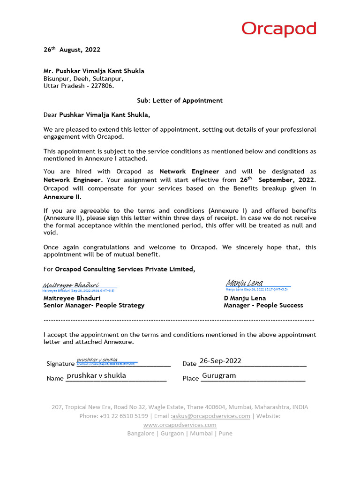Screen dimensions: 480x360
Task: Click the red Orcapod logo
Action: [x=279, y=30]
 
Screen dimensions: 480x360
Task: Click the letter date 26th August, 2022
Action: [x=72, y=50]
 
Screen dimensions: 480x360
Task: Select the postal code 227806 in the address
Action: [x=103, y=86]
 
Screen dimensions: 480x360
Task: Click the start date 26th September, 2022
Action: [x=277, y=180]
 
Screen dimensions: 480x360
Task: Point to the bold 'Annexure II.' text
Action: [x=59, y=197]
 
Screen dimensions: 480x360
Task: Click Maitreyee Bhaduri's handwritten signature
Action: [x=71, y=285]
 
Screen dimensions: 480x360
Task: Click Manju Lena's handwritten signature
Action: [x=244, y=283]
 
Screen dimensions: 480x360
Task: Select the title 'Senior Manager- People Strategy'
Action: [x=94, y=305]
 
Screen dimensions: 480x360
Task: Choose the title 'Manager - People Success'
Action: [x=263, y=305]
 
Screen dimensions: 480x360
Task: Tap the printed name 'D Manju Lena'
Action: [x=245, y=298]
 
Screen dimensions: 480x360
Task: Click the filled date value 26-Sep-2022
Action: [x=220, y=360]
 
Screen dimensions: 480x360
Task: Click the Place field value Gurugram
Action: [x=219, y=376]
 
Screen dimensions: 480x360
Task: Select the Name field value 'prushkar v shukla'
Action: [x=97, y=375]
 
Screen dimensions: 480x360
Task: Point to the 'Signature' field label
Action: [x=60, y=364]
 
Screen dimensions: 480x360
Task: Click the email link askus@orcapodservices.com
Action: [x=211, y=416]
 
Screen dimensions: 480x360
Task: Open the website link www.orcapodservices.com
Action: [x=180, y=425]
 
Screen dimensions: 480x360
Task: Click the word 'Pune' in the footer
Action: [x=225, y=433]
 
